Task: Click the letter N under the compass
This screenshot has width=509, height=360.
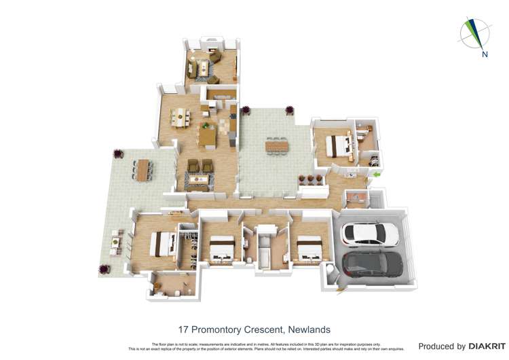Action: click(485, 55)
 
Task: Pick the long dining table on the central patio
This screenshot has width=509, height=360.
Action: click(277, 145)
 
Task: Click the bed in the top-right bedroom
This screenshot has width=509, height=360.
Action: click(337, 145)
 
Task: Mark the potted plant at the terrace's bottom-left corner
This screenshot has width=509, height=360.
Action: click(103, 270)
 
